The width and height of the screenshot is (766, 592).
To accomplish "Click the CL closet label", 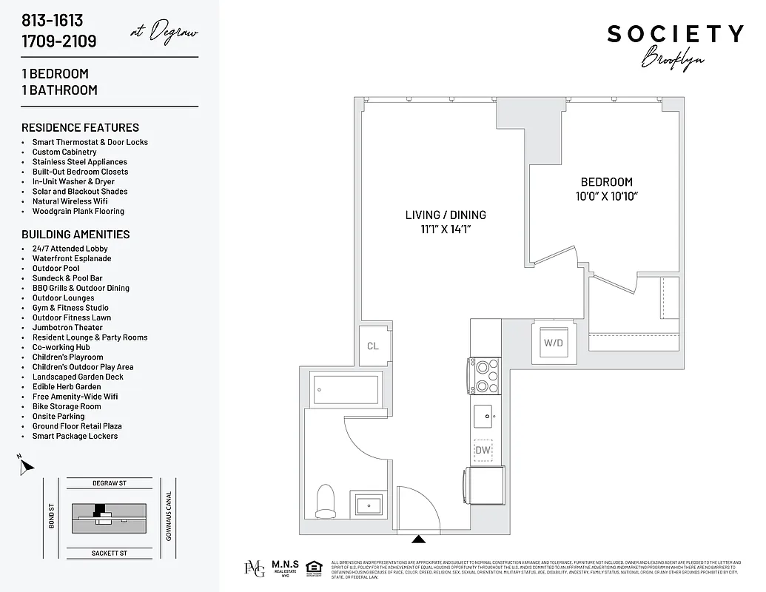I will [372, 346].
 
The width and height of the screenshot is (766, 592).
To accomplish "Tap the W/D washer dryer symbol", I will [553, 342].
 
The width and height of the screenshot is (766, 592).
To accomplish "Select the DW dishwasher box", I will [483, 450].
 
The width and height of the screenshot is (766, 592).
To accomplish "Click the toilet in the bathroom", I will [326, 501].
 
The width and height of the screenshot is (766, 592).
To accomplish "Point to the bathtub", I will [346, 389].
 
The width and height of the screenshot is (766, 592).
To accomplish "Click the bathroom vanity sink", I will [367, 505].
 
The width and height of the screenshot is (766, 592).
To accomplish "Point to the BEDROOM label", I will [606, 182].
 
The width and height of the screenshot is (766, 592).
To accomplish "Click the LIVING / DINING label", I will [446, 215].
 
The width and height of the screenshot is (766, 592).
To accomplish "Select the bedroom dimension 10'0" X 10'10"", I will [606, 197].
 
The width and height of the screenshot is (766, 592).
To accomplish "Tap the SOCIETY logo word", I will [675, 34].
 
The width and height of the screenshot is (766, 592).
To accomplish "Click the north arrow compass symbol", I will [26, 466].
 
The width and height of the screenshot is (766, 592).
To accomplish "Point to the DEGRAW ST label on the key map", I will [110, 483].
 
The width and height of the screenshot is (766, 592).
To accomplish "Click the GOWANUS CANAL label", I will [169, 516].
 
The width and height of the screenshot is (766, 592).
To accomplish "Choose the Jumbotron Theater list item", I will [67, 328].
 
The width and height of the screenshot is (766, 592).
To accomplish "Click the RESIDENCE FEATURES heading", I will [80, 127].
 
